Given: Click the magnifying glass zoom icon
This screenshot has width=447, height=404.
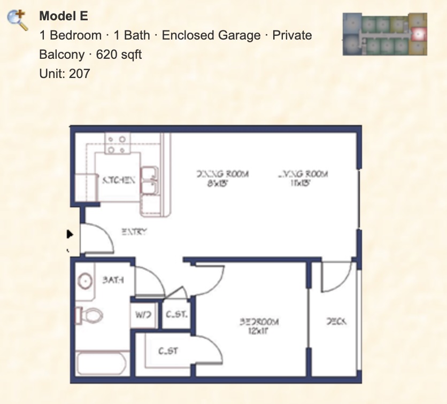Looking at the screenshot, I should coord(18,20).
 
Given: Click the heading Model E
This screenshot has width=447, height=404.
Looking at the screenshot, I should coord(63,16).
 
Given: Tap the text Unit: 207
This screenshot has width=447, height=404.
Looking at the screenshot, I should coord(65,73).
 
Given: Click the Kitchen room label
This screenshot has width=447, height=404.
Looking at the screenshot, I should coord(118,181).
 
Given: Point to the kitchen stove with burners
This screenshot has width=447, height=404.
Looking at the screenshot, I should coord(118,143).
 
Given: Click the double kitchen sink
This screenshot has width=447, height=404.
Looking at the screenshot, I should coord(150,181).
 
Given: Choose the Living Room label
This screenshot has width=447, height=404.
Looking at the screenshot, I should coord(303,174).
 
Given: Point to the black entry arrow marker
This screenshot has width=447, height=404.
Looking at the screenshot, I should coord(70,234).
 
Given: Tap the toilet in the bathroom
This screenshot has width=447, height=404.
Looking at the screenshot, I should coord(89,316).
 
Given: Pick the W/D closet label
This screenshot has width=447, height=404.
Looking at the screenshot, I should coord(143,315).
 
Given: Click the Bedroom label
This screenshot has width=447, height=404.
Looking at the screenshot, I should coord(259,322).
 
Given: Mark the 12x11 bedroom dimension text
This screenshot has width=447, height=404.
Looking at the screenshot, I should coord(259,331).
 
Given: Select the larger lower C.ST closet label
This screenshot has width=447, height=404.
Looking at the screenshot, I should coord(168,351).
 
